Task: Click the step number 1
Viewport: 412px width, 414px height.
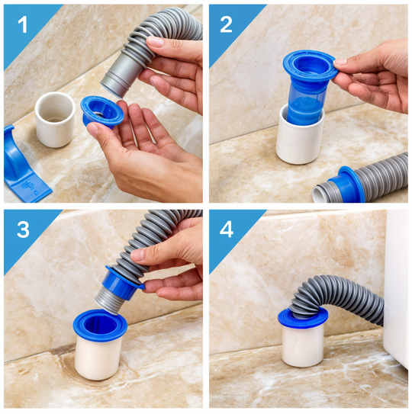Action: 22,25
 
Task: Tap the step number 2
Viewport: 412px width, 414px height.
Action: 226,24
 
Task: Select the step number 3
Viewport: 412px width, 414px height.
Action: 23,229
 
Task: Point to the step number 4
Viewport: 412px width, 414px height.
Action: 227,229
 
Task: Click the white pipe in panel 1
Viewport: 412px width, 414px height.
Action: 55,120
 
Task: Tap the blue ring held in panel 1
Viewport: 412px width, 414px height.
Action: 101,111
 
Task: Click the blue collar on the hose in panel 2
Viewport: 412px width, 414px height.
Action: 346,185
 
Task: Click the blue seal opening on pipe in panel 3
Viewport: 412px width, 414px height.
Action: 100,326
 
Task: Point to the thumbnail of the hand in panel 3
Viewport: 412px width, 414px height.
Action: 137,254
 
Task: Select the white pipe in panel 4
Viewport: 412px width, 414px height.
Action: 302,345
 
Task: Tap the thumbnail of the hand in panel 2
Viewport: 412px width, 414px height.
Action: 340,63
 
